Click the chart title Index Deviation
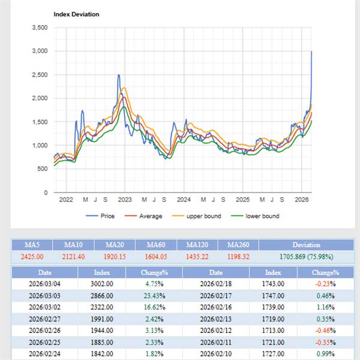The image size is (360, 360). click(x=76, y=14)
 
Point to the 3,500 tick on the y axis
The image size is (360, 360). click(x=40, y=28)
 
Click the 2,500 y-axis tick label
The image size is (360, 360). click(x=40, y=75)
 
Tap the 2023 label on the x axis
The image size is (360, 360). click(x=124, y=200)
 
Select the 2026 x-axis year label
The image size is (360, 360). click(x=302, y=200)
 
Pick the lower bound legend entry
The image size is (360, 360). click(x=262, y=216)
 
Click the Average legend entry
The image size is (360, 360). click(x=150, y=216)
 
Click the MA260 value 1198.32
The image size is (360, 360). click(x=238, y=256)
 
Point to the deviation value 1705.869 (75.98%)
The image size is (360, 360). click(x=306, y=256)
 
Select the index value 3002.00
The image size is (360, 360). click(x=102, y=284)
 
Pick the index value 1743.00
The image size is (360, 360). click(x=273, y=284)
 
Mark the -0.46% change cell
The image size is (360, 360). click(x=325, y=330)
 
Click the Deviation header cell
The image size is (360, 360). click(x=306, y=245)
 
